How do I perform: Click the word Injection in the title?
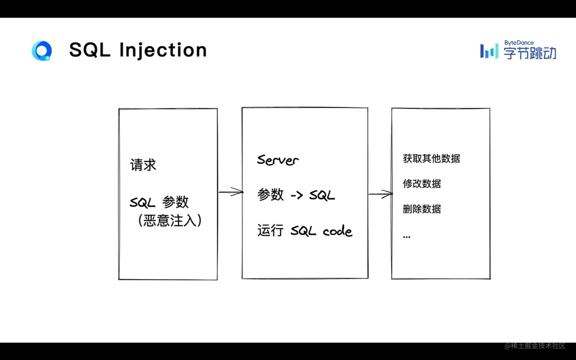163,50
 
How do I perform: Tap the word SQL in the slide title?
90,50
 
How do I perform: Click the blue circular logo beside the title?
42,51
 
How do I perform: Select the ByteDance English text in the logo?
519,43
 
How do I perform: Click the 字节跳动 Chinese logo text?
530,53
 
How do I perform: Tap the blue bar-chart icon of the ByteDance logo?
490,51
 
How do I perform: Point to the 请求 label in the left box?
143,165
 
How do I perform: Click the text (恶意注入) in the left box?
170,220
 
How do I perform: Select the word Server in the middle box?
278,160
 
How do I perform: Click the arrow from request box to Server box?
230,192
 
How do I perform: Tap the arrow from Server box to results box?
381,194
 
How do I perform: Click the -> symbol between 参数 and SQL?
297,195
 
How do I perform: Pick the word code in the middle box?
338,230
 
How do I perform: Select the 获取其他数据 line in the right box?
432,158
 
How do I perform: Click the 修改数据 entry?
422,184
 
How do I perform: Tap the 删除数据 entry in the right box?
422,209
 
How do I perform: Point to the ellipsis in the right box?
406,237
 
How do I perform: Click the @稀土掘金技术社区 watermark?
535,346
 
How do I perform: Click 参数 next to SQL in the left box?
175,202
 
